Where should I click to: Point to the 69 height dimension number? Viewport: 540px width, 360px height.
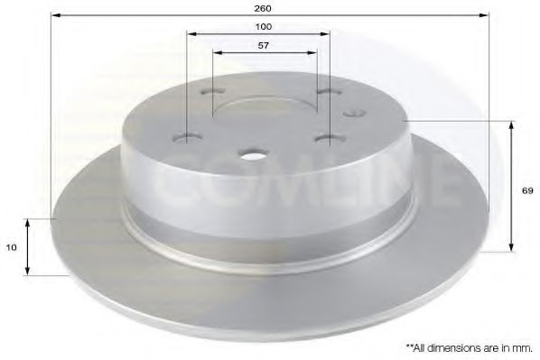(526, 191)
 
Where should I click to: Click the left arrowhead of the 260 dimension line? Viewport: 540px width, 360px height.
(54, 15)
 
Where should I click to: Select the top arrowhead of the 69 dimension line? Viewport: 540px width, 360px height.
(513, 125)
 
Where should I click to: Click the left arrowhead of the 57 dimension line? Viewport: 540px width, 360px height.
(217, 54)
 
